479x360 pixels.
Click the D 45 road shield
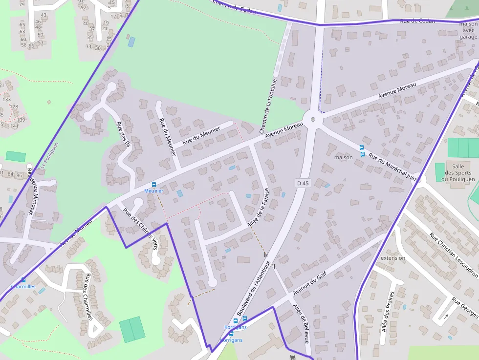303,183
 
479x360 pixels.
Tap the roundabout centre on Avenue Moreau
313,119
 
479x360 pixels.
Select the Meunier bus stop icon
154,185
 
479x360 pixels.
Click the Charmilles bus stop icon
23,280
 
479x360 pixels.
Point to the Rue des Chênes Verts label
140,230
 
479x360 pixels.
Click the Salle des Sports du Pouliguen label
458,172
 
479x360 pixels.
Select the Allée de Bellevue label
301,323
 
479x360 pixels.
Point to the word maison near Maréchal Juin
343,157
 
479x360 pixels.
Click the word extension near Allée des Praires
392,258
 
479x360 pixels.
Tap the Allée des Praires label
387,315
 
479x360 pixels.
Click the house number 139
21,120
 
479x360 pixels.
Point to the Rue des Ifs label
124,134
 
